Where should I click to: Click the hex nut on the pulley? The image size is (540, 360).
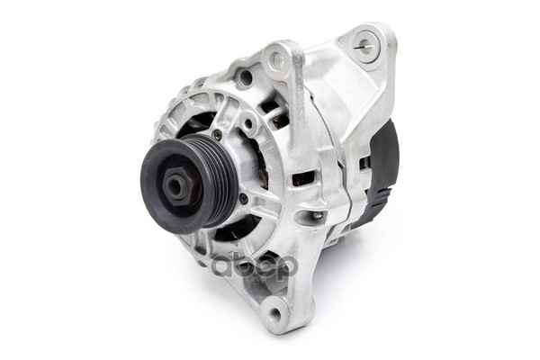(x=176, y=186)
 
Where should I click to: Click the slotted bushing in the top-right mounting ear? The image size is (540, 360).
(x=366, y=46)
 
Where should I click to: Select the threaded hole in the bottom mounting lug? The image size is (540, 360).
(x=276, y=313)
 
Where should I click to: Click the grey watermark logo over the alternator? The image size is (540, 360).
(x=255, y=266)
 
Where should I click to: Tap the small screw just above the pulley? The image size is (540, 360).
(x=217, y=135)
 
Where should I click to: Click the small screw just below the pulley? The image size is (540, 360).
(x=244, y=197)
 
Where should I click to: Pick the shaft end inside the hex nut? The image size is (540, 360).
(x=175, y=187)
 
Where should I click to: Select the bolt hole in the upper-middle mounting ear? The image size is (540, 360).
(x=276, y=59)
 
